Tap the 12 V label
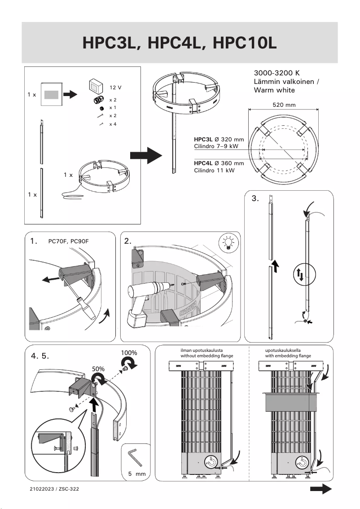116,87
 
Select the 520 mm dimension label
284,105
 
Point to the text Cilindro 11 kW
214,171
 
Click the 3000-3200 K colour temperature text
277,73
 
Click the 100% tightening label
129,353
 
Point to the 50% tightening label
98,369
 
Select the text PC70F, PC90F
68,241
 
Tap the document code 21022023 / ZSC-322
54,488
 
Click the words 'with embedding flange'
288,356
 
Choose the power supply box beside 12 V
95,85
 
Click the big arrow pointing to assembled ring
145,156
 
